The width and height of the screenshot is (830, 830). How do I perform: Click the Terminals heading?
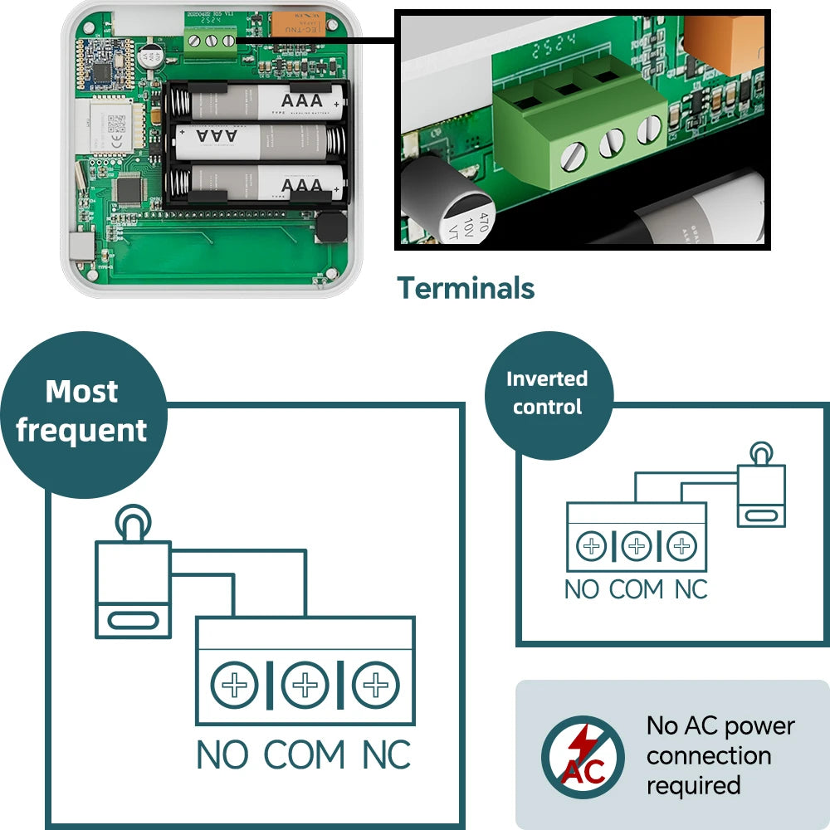(x=466, y=288)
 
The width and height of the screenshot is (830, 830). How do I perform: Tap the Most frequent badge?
(x=81, y=411)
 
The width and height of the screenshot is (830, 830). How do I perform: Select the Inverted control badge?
(x=547, y=393)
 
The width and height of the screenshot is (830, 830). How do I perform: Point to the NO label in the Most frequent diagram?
(x=222, y=755)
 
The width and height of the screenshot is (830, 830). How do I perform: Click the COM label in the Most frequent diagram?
(x=305, y=755)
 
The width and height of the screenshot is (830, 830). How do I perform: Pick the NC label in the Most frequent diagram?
(x=386, y=755)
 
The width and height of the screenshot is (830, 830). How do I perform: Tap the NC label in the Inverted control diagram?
(x=691, y=589)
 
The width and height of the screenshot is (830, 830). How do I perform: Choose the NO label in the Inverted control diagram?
(x=581, y=589)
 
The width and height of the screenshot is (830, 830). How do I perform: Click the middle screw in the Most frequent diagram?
(x=305, y=686)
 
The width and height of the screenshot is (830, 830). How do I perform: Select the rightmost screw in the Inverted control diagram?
(x=681, y=546)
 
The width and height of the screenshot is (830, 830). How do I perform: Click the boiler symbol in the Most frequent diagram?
(x=133, y=581)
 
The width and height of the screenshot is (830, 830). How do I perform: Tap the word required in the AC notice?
(x=693, y=785)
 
